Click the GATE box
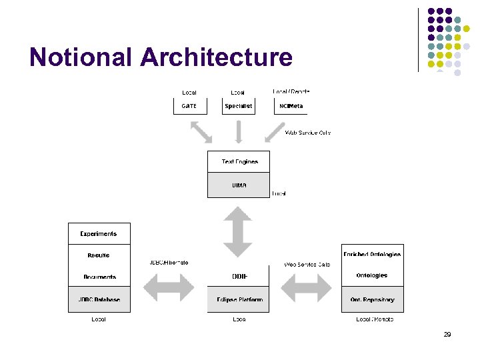(189, 106)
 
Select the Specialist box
(239, 106)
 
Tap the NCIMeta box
(289, 106)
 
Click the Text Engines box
(239, 161)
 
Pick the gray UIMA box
(239, 185)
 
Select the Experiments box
(99, 234)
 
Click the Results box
(99, 255)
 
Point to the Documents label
(99, 277)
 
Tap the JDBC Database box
(99, 300)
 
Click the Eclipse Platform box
(239, 300)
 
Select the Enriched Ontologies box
(372, 255)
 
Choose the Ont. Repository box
(372, 300)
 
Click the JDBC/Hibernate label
(169, 263)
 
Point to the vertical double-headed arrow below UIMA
(238, 231)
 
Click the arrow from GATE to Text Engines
(201, 132)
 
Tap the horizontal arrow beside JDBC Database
(169, 287)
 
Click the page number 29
(447, 335)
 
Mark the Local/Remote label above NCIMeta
(291, 91)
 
